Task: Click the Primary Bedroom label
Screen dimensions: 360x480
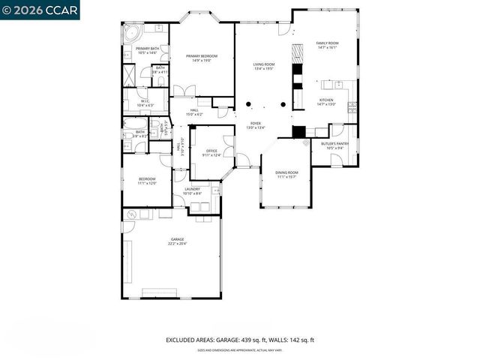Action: tap(199, 56)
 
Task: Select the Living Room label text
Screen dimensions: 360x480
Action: tap(264, 64)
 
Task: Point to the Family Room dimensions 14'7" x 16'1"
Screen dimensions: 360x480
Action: tap(327, 48)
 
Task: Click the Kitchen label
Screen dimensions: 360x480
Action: tap(326, 100)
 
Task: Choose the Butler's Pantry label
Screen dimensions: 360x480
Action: tap(334, 143)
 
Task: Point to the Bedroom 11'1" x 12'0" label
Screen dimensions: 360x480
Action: tap(146, 181)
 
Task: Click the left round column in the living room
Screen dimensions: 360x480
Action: tap(248, 103)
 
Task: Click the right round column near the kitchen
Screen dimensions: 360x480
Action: tap(283, 103)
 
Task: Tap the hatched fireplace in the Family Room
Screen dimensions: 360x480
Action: tap(297, 56)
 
